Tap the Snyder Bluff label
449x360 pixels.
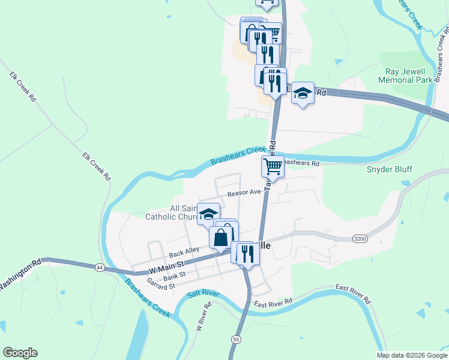coord(390,169)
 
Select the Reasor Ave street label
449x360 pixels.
coord(244,193)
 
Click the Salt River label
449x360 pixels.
coord(202,293)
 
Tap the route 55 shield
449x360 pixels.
coord(236,340)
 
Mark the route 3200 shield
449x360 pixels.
coord(360,238)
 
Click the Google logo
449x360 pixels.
coord(20,353)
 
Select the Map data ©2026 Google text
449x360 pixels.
coord(412,355)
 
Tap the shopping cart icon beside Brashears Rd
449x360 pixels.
coord(273,166)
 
